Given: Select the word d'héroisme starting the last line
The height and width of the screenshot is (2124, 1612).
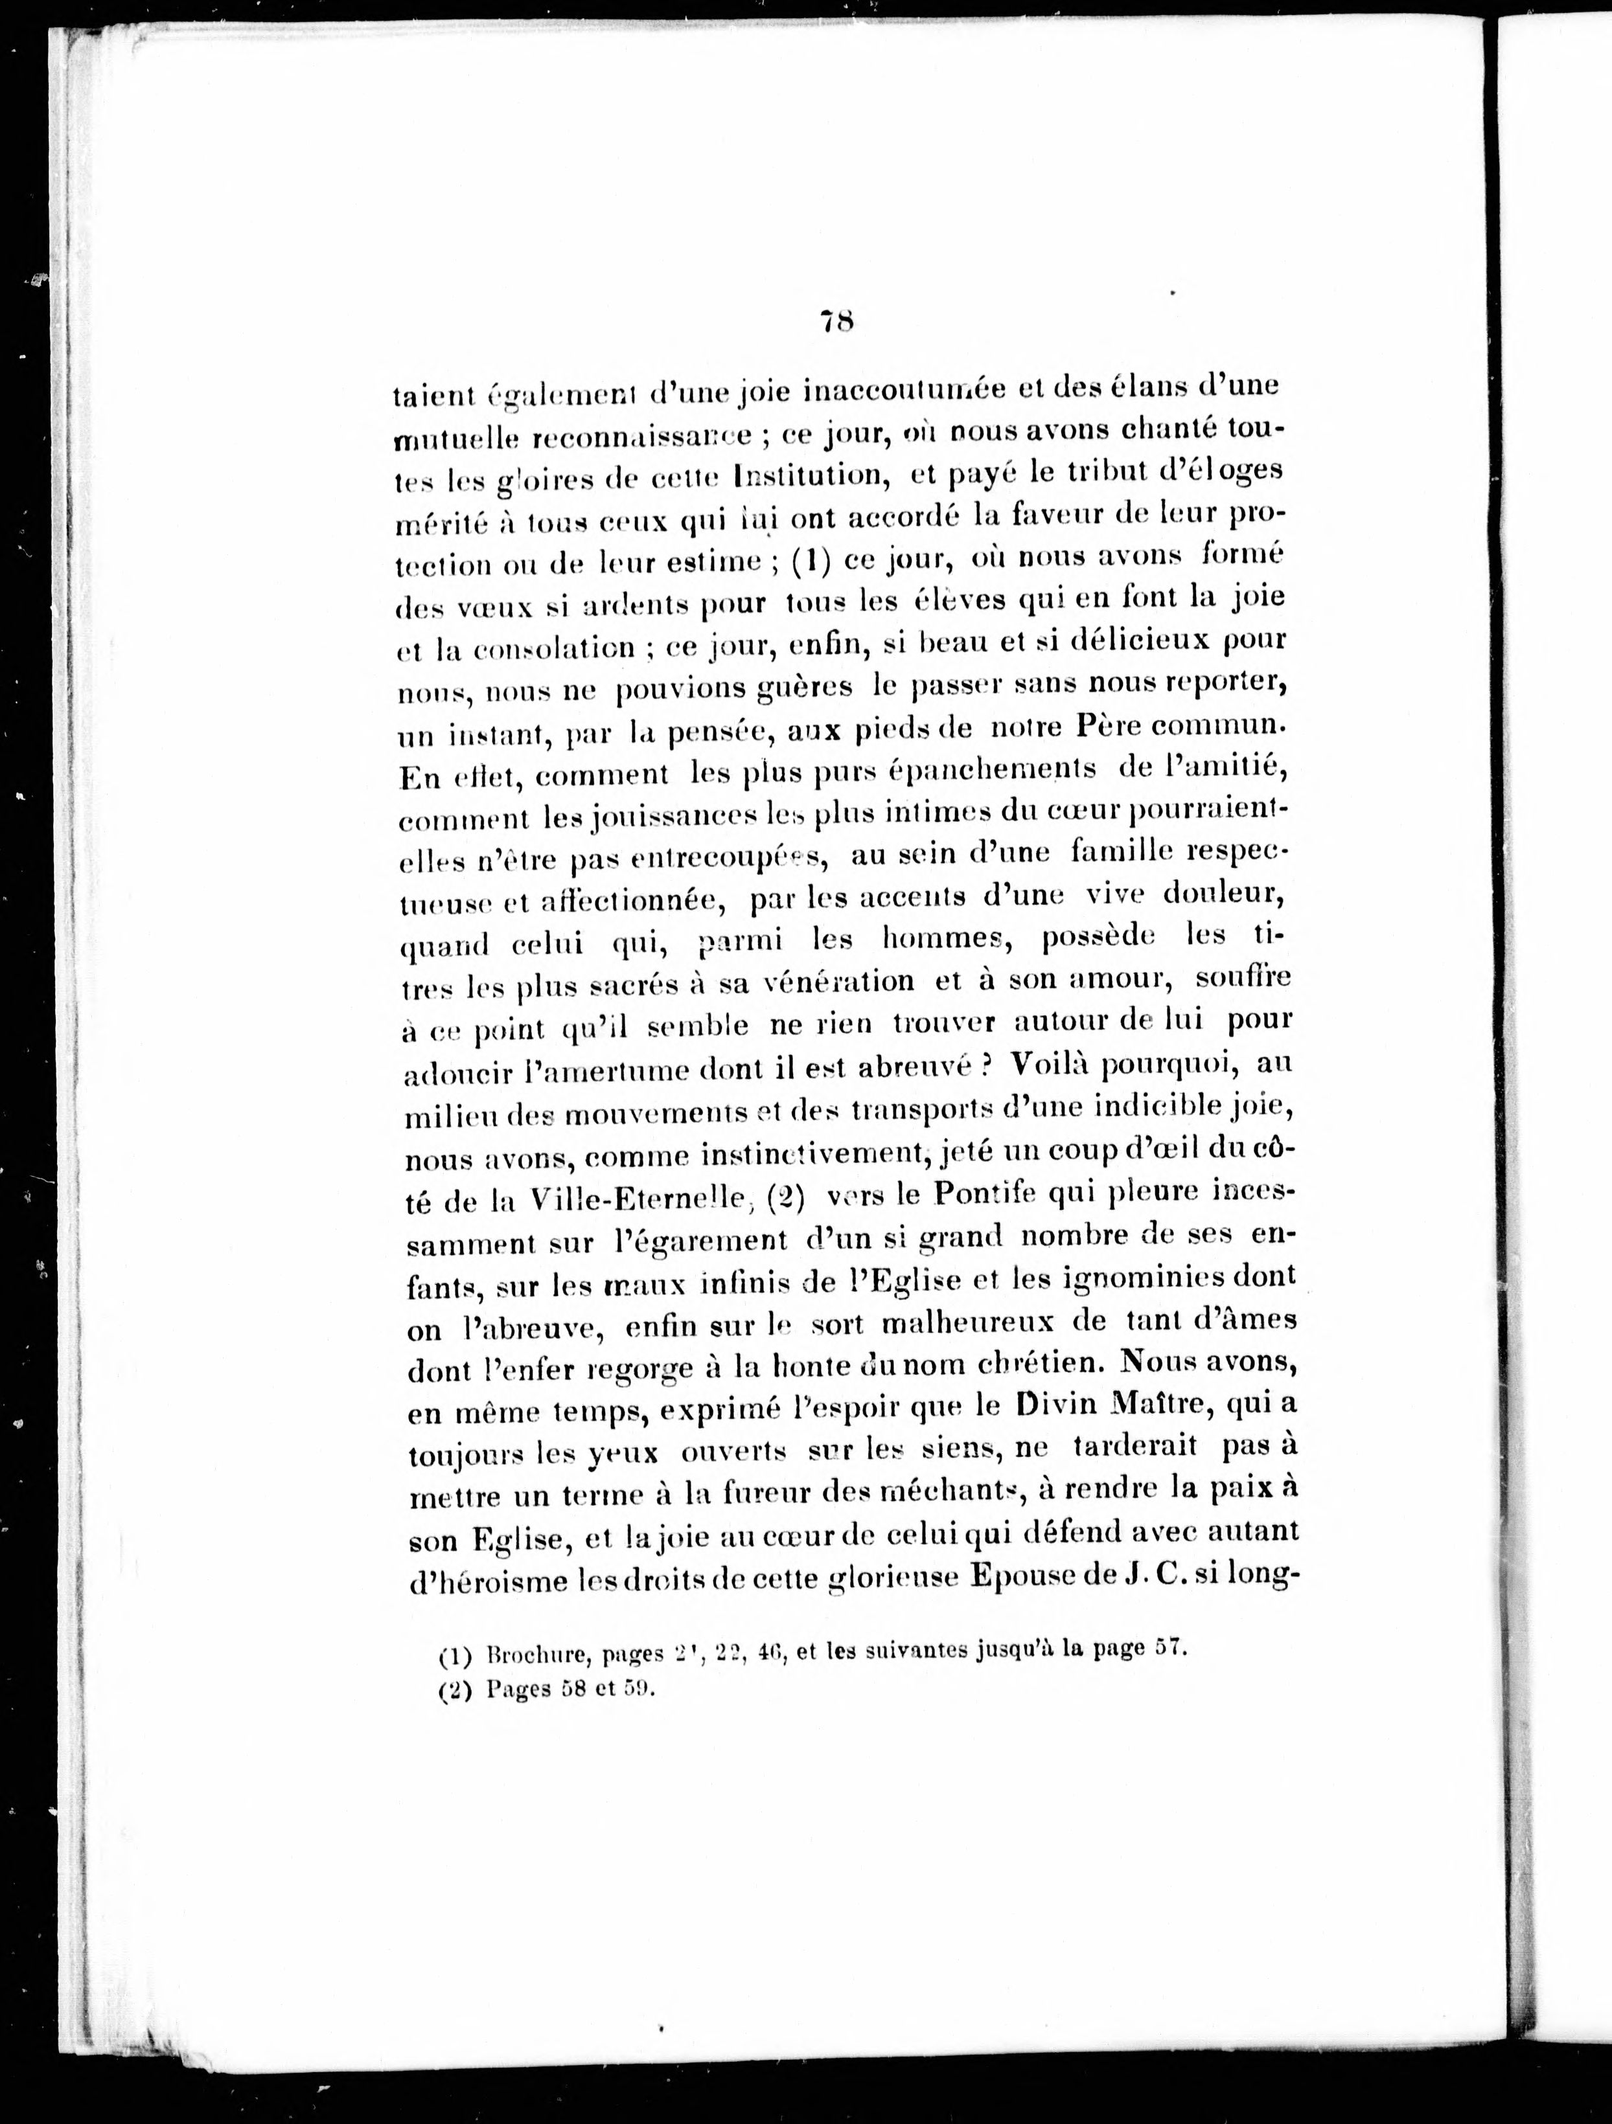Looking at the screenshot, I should tap(485, 1581).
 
